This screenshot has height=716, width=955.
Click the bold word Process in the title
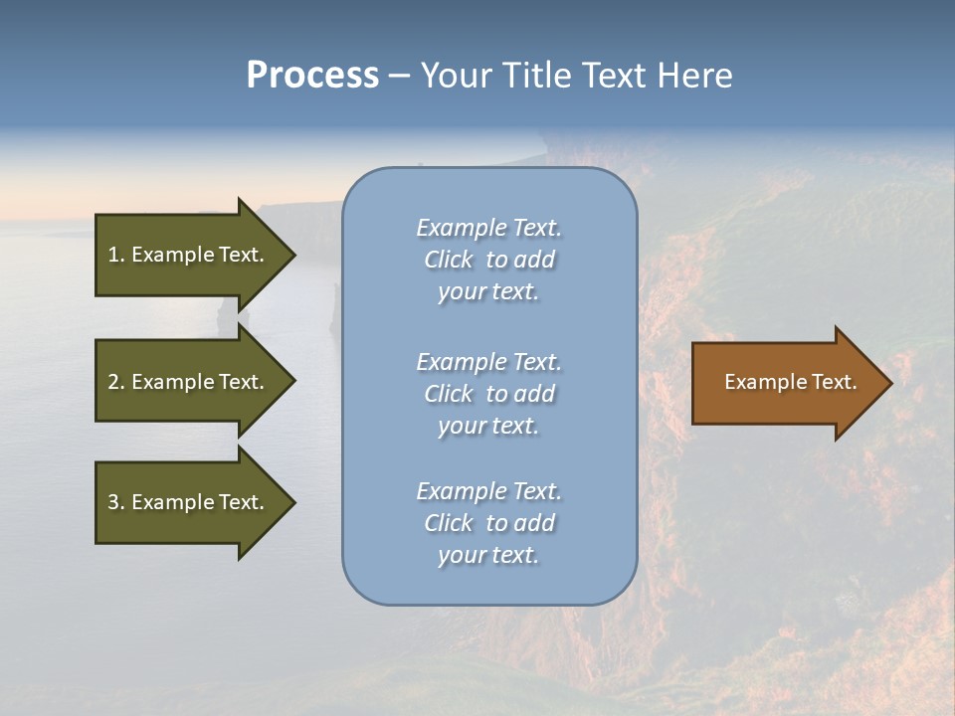[x=312, y=76]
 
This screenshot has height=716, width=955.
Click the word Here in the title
[x=692, y=76]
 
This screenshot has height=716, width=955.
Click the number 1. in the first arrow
[x=116, y=255]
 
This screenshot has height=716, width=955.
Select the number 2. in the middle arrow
[x=116, y=382]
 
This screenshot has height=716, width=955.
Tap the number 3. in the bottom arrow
[x=116, y=502]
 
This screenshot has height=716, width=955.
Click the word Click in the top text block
[x=449, y=260]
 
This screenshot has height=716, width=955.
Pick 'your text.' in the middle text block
[x=488, y=426]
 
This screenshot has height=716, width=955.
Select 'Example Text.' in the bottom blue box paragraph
[x=488, y=491]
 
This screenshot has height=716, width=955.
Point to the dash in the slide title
[x=400, y=76]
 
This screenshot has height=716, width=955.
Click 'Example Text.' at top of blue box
[x=488, y=228]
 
